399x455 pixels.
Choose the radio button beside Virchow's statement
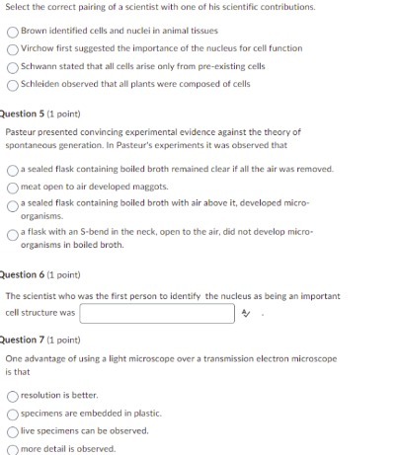coord(12,48)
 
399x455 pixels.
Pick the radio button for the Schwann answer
coord(12,65)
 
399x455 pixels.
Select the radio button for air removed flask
coord(12,169)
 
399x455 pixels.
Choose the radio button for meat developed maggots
coord(12,186)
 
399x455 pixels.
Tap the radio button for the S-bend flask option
coord(12,233)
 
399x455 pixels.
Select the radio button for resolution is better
coord(12,396)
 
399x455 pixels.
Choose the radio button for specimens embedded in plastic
coord(12,414)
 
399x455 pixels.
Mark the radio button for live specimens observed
coord(12,430)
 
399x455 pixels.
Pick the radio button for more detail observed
coord(12,448)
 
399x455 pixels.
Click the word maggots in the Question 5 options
coord(151,186)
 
